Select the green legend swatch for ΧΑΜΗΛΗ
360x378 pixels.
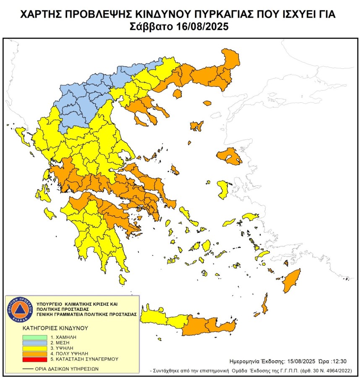(35, 337)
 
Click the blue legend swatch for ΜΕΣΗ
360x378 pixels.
(35, 342)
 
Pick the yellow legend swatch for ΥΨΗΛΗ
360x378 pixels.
(35, 348)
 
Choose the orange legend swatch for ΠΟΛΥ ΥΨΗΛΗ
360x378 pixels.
(35, 353)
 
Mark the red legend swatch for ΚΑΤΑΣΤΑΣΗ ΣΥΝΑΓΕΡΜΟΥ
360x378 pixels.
(35, 359)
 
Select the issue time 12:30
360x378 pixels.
(339, 361)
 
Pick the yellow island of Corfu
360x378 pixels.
(19, 134)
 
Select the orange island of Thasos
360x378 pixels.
(177, 93)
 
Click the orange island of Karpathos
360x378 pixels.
(264, 303)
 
